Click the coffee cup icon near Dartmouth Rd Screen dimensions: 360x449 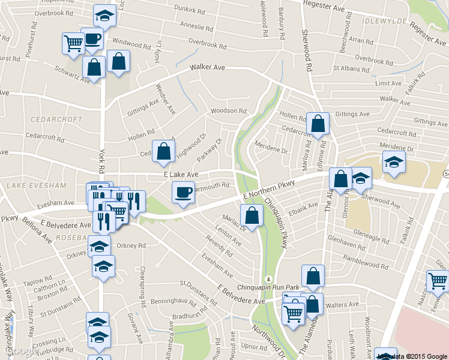pyautogui.click(x=183, y=193)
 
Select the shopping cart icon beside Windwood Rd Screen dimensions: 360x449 pyautogui.click(x=73, y=43)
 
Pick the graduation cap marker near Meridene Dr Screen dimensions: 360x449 pyautogui.click(x=394, y=162)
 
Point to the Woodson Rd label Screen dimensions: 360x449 pyautogui.click(x=228, y=111)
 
